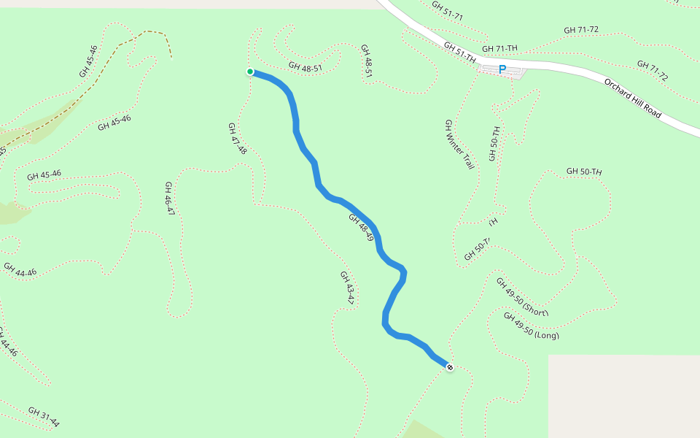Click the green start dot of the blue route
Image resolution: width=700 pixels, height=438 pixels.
click(x=249, y=72)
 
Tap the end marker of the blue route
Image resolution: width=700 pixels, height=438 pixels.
click(x=450, y=367)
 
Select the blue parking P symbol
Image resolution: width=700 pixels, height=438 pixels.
click(x=502, y=70)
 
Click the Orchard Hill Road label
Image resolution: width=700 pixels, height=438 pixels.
click(x=632, y=99)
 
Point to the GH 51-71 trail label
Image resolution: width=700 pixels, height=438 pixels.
click(x=447, y=10)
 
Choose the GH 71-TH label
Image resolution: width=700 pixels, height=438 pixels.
click(x=501, y=48)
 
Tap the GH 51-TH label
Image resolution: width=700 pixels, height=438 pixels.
click(x=460, y=52)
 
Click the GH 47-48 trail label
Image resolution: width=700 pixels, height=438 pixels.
click(x=238, y=139)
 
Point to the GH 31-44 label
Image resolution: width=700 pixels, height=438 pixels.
click(x=44, y=417)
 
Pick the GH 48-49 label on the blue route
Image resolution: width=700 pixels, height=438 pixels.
click(x=361, y=228)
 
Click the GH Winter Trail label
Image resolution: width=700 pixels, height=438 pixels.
click(x=459, y=145)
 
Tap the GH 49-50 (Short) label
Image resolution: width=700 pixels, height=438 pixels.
click(x=522, y=297)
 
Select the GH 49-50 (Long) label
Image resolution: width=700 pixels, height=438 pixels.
click(x=531, y=326)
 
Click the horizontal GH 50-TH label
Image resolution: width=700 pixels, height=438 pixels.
click(x=584, y=172)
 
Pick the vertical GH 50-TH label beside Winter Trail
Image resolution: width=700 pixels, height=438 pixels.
click(x=495, y=144)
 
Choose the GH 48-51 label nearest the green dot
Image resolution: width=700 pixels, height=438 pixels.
click(x=305, y=67)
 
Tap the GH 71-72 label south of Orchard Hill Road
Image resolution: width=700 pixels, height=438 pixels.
click(x=652, y=70)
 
